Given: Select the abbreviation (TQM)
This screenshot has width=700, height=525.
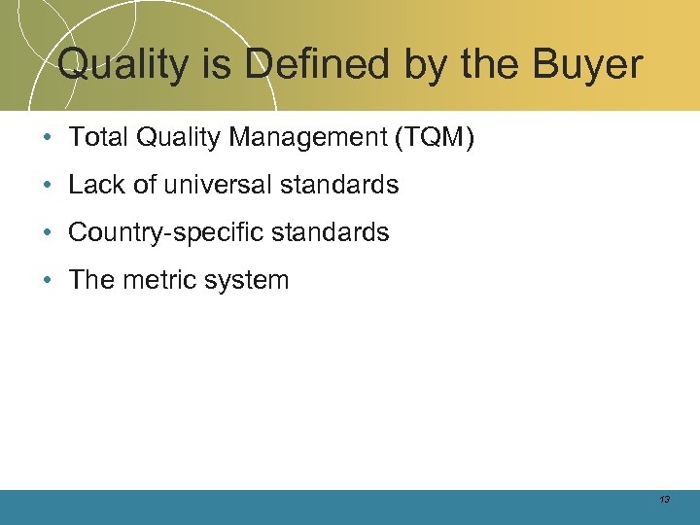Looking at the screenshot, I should click(435, 138).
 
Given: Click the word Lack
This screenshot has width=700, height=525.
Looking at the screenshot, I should click(95, 185).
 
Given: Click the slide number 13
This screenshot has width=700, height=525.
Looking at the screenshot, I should click(664, 500).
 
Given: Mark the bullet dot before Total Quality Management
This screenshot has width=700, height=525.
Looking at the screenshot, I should click(48, 139).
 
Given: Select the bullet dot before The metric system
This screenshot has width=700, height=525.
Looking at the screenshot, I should click(48, 281).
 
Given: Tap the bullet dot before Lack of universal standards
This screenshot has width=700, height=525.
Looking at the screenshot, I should click(48, 186).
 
